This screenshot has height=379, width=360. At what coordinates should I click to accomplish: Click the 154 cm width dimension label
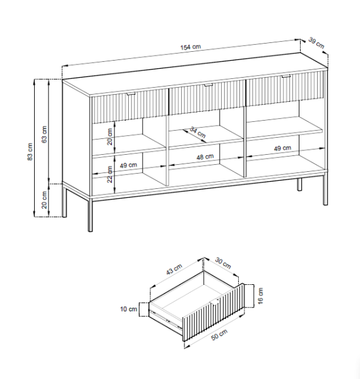(x=191, y=47)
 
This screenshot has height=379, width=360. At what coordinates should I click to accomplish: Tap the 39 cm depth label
(x=316, y=43)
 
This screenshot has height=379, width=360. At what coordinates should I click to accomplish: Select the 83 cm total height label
(x=30, y=152)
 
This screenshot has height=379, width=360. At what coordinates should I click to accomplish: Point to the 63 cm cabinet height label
(x=44, y=135)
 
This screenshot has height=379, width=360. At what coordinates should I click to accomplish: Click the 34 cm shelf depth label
(x=198, y=132)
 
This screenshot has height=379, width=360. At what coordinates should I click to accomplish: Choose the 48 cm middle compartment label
(x=205, y=157)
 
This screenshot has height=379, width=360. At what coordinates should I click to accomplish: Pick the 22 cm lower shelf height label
(x=110, y=174)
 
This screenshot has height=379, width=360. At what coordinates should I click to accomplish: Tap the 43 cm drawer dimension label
(x=174, y=269)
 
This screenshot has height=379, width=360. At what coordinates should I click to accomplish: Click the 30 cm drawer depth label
(x=223, y=263)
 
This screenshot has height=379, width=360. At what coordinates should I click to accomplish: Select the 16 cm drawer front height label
(x=260, y=296)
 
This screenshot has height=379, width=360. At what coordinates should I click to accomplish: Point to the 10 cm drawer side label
(x=129, y=309)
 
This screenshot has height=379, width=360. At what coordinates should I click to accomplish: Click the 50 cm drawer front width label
(x=219, y=335)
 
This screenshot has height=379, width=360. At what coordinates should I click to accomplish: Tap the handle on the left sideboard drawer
(x=131, y=93)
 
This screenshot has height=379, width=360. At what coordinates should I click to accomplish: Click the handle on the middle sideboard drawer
(x=208, y=85)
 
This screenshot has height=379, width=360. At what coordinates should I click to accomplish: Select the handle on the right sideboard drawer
(x=286, y=76)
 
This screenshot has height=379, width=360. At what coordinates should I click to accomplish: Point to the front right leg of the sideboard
(x=325, y=188)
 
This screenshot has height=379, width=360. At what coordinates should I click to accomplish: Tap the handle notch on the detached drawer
(x=215, y=302)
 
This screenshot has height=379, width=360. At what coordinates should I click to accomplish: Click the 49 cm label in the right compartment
(x=282, y=148)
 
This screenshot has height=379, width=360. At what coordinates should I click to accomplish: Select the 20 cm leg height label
(x=44, y=200)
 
